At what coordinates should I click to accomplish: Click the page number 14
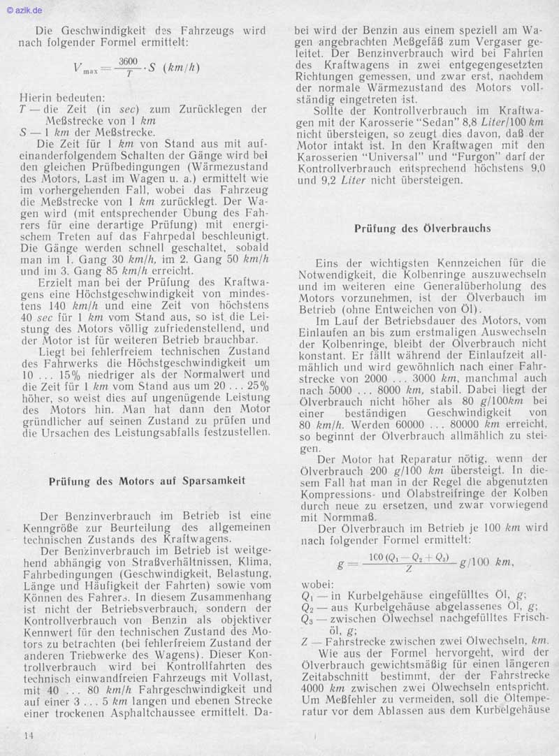[x=27, y=736]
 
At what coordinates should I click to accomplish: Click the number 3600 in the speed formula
[x=129, y=61]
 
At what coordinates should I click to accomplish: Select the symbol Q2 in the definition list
[x=307, y=606]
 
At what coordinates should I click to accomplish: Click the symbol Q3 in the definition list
[x=307, y=618]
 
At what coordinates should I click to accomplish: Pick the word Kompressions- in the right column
[x=336, y=494]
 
